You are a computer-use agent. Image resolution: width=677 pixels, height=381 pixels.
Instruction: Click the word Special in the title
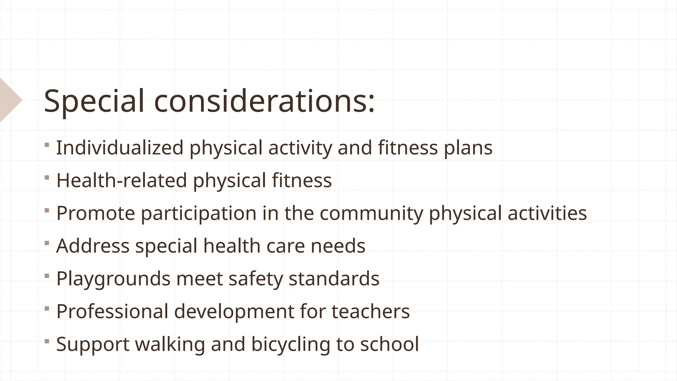pos(94,101)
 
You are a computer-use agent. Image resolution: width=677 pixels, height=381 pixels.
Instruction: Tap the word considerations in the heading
pos(264,101)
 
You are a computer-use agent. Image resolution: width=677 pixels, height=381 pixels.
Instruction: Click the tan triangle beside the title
pos(10,100)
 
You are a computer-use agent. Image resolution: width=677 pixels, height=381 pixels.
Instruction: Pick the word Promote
pos(96,213)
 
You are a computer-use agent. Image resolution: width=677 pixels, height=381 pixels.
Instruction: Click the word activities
pos(547,213)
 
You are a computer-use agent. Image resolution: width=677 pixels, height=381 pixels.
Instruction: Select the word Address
pos(93,246)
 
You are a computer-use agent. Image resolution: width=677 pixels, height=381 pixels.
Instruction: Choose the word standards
pos(334,278)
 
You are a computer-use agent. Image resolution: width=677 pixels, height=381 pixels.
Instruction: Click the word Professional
pos(112,312)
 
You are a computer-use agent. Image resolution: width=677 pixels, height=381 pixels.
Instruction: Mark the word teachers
pos(371,312)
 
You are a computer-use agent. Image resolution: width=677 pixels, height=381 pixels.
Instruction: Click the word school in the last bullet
pos(389,344)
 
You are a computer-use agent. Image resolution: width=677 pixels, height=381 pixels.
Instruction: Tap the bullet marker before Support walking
pos(47,341)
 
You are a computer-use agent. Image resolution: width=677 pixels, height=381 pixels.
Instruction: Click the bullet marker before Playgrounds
pos(47,275)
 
